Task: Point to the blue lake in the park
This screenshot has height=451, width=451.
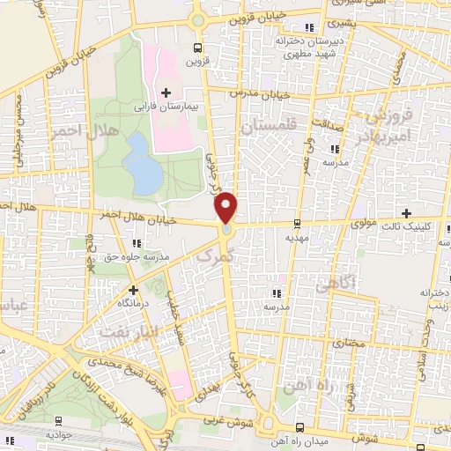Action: tap(142, 162)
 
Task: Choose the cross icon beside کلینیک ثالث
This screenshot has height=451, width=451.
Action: tap(406, 212)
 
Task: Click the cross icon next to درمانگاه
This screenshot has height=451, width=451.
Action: tap(133, 289)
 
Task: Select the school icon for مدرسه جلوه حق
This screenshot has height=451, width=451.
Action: tap(133, 242)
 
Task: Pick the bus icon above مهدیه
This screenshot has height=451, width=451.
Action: tap(298, 224)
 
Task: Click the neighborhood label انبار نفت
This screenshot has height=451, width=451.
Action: tap(122, 331)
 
